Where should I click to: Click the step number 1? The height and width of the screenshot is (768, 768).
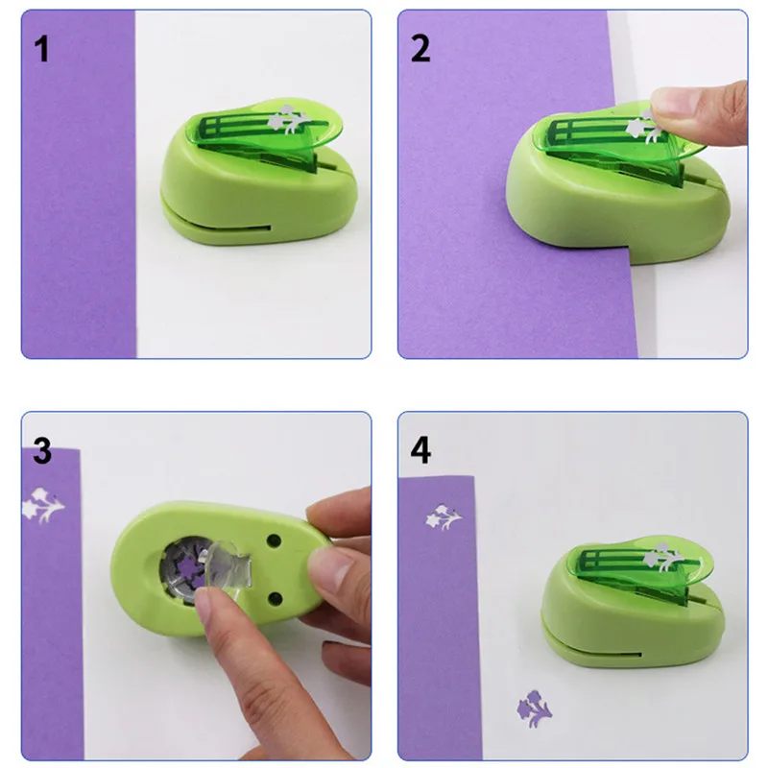(41, 50)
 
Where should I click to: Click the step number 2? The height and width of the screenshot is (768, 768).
(420, 49)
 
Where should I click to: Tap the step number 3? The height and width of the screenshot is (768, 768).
(42, 451)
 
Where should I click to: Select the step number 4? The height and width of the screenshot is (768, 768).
(420, 450)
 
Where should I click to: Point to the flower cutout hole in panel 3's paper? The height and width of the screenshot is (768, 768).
(42, 506)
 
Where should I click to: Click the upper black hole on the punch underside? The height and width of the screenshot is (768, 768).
(274, 541)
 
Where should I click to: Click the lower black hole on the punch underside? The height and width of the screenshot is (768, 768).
(276, 598)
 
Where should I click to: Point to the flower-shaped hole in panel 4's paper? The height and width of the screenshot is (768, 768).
(444, 517)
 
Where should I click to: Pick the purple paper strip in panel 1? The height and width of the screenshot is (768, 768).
(79, 184)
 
